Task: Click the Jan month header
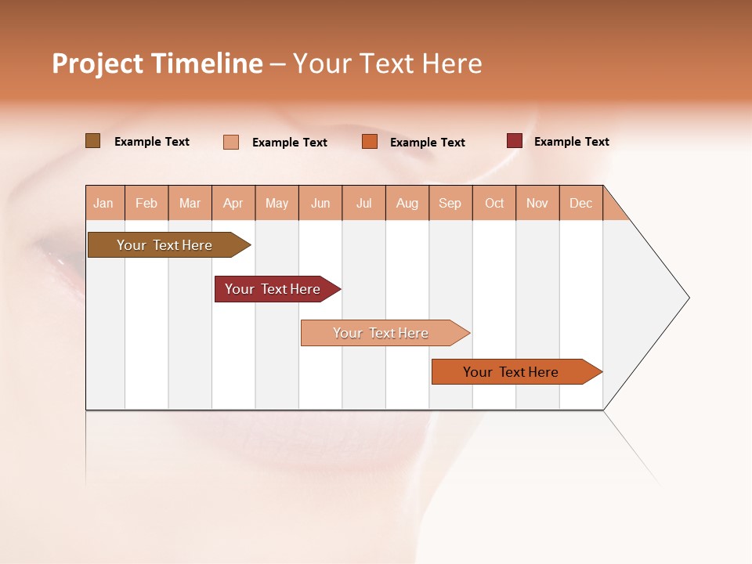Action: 104,204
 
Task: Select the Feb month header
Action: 146,204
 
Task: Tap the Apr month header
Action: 233,204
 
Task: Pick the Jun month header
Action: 320,204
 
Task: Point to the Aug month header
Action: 407,204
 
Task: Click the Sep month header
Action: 450,204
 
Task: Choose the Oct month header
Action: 494,204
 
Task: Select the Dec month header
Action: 581,204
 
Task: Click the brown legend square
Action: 93,141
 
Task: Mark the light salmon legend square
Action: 231,142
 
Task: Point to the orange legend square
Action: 370,142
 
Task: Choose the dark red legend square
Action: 515,141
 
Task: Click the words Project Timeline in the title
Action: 157,63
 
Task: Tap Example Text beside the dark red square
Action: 572,142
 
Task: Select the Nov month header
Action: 537,204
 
